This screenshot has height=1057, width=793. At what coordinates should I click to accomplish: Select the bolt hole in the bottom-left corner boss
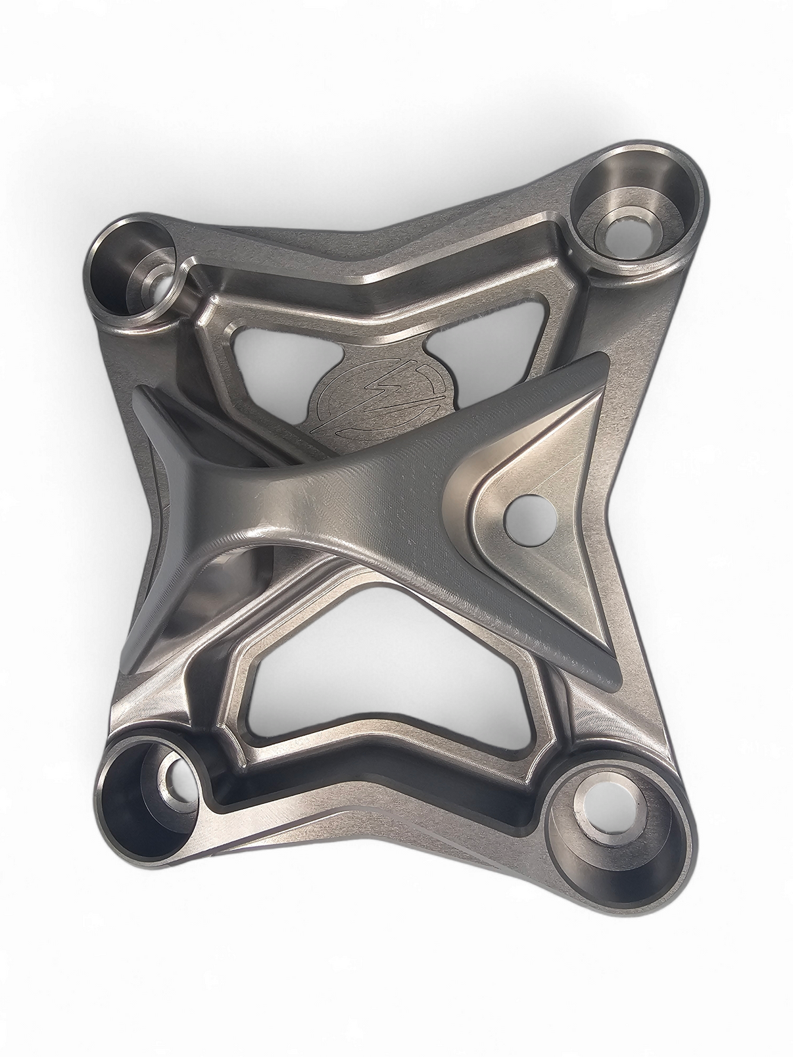point(176,778)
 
